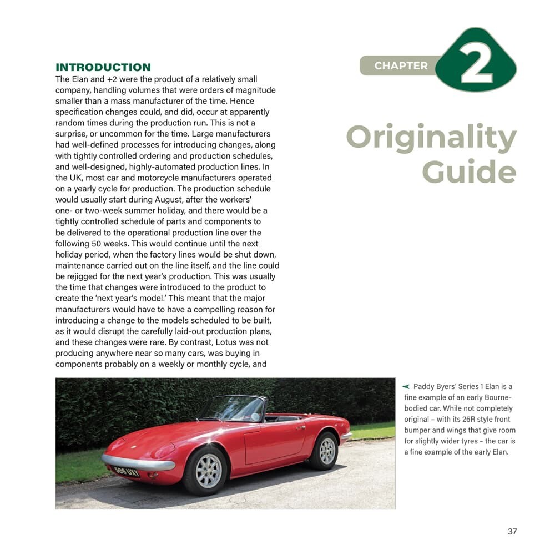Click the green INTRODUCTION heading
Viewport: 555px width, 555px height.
tap(103, 68)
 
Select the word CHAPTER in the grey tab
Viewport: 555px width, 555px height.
tap(401, 65)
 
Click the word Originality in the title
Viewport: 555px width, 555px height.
tap(431, 137)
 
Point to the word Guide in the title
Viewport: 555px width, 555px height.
tap(469, 173)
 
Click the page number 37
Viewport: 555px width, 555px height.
tap(512, 531)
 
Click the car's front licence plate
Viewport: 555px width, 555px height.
tap(126, 472)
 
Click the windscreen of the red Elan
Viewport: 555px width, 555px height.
tap(232, 409)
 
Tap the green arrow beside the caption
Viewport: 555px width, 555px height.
tap(406, 386)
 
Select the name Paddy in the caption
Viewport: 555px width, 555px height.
tap(425, 386)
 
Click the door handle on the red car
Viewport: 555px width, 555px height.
tap(300, 427)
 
